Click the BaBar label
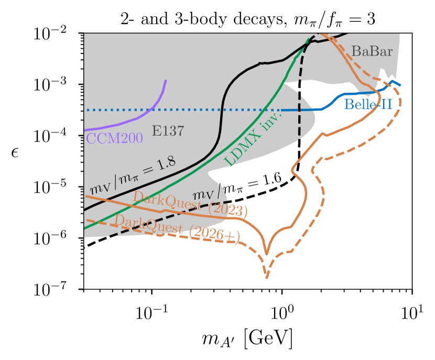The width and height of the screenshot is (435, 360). click(x=372, y=51)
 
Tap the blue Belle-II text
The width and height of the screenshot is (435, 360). click(x=368, y=105)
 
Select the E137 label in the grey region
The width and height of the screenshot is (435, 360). click(x=168, y=132)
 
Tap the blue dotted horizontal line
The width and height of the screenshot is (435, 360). click(x=183, y=110)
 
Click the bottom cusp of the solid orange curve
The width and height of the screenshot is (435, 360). click(x=267, y=254)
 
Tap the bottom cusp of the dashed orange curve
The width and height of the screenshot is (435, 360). click(x=267, y=277)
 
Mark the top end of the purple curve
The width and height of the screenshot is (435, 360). click(x=166, y=81)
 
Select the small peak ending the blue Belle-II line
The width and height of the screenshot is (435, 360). click(x=391, y=81)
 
